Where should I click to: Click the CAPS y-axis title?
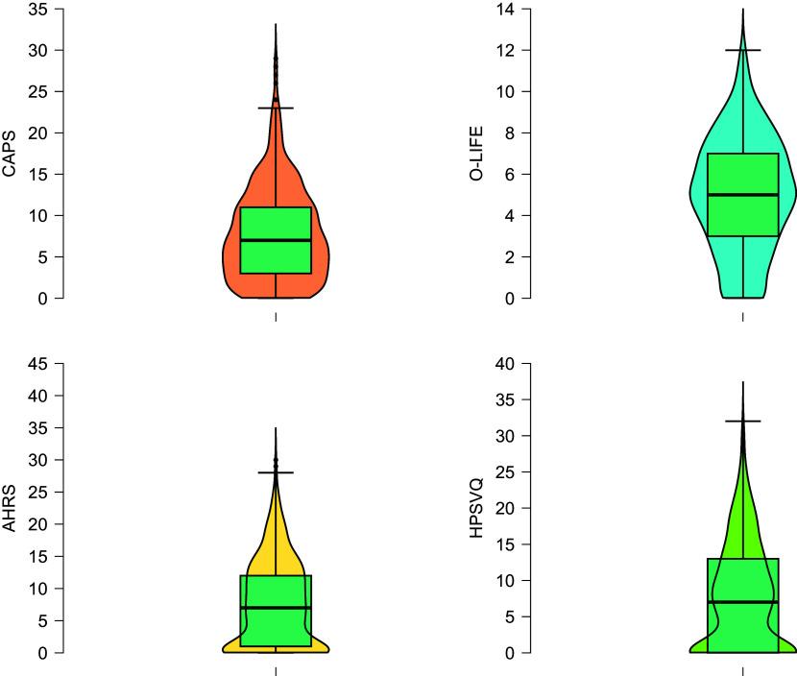(10, 154)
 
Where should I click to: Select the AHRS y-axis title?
(10, 508)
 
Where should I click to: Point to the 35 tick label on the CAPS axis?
(38, 9)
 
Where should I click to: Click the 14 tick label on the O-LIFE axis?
(505, 9)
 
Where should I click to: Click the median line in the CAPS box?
(276, 240)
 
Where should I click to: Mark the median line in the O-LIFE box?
(742, 195)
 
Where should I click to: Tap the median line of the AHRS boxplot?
(276, 608)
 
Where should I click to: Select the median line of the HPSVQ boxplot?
(742, 602)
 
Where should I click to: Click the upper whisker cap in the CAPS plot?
(276, 109)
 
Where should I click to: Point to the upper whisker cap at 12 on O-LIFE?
(742, 50)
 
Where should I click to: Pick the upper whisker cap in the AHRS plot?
(276, 472)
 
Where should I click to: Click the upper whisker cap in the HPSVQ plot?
(742, 421)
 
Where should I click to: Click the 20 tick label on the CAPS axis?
(38, 133)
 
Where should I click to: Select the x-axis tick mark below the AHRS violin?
(276, 671)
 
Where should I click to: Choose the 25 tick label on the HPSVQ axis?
(505, 471)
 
